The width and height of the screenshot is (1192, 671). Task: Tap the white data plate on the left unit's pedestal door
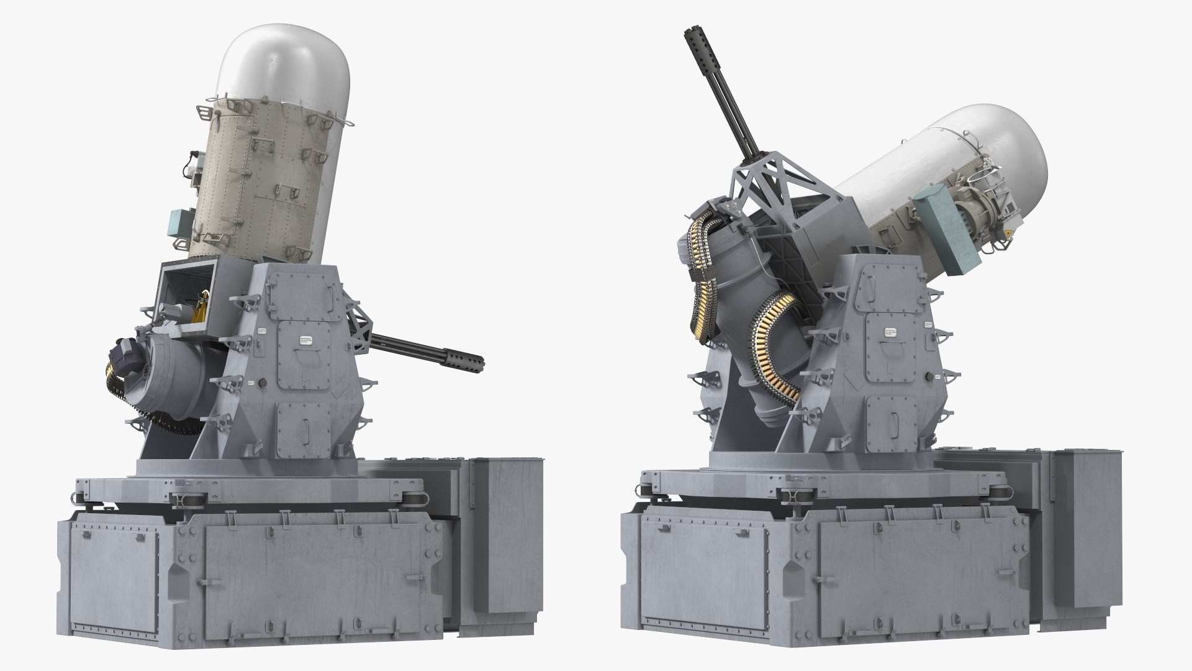pyautogui.click(x=307, y=340)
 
